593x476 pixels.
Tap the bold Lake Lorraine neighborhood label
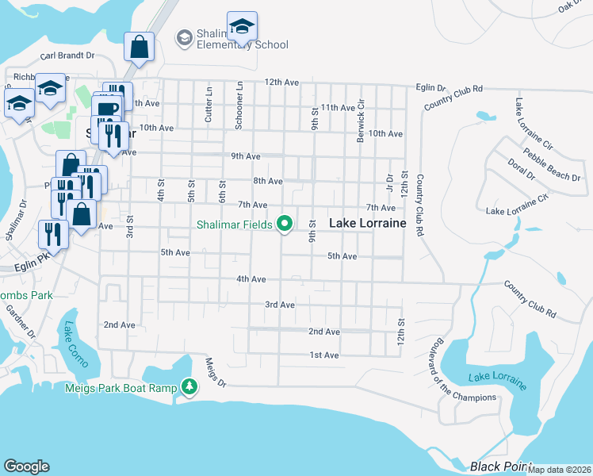tap(368, 225)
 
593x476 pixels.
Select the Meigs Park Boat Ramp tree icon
tap(189, 387)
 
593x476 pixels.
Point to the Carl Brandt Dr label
tap(67, 56)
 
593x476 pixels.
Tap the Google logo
tap(26, 466)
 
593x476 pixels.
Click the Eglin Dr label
tap(431, 89)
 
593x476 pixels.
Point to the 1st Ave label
tap(324, 355)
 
